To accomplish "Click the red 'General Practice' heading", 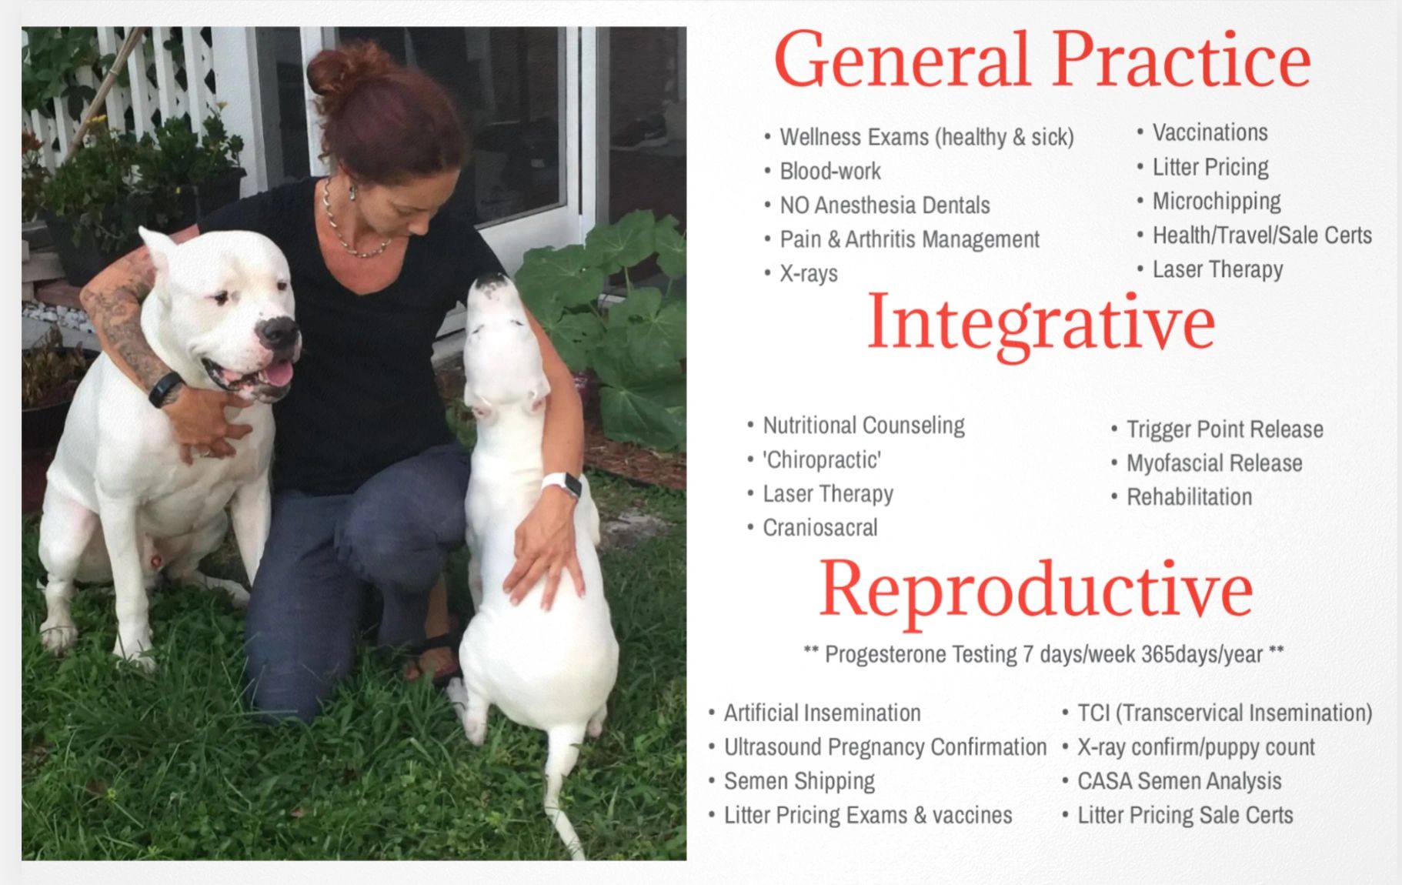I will [x=1042, y=61].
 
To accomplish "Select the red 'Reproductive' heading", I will [x=1036, y=589].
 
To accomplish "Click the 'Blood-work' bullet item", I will [x=830, y=171].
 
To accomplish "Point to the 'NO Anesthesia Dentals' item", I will [x=884, y=205].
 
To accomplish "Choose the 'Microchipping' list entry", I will [x=1216, y=202].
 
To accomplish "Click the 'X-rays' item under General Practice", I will [x=808, y=274].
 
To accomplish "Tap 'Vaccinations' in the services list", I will [x=1209, y=132].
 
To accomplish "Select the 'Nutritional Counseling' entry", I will [x=863, y=426].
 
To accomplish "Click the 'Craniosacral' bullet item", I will [x=820, y=528].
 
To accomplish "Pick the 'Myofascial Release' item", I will [x=1213, y=463].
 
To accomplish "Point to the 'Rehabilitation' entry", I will [x=1189, y=497].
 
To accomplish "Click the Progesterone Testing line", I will [x=1043, y=654].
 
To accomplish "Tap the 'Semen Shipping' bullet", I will [x=799, y=781].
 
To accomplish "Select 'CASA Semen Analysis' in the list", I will [x=1178, y=781].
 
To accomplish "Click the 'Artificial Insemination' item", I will [x=821, y=713].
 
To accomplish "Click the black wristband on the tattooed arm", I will [x=165, y=389].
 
